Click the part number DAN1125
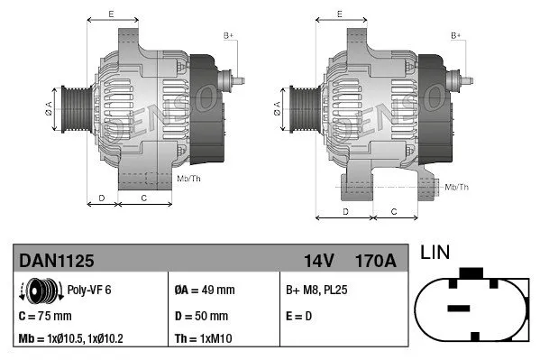coord(56,260)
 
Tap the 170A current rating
coord(375,260)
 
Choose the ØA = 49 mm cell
coord(204,291)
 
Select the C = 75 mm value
coord(45,316)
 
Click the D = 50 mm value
coord(200,316)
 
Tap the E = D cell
coord(299,316)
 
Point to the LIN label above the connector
coord(436,254)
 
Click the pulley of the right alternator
coord(298,112)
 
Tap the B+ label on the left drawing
coord(228,35)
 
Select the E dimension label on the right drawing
coord(338,14)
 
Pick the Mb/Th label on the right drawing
coord(456,187)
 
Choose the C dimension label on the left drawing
coord(144,197)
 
